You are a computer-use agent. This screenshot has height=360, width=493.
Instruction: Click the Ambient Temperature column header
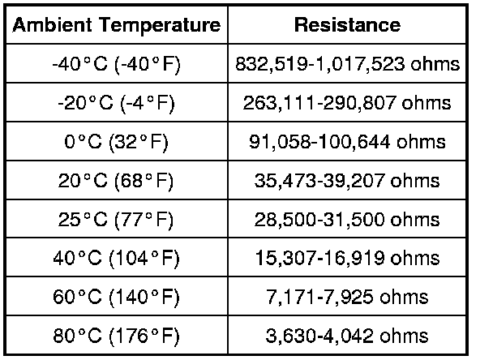(x=116, y=25)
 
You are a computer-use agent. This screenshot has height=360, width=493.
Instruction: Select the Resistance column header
(x=347, y=25)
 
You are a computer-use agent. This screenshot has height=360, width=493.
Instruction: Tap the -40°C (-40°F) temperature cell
(x=116, y=64)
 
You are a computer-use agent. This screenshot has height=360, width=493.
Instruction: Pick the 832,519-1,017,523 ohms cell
(x=347, y=64)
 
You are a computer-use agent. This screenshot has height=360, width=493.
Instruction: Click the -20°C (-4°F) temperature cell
(x=116, y=103)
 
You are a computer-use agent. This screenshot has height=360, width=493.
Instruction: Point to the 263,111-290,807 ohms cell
(x=347, y=103)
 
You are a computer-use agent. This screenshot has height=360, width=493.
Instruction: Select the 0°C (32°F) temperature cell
(x=116, y=142)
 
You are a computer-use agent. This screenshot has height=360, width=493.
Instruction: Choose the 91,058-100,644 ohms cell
(x=347, y=142)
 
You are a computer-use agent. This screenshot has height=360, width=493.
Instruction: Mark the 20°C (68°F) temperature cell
(x=116, y=180)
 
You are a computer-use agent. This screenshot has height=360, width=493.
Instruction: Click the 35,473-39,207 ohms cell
(x=347, y=180)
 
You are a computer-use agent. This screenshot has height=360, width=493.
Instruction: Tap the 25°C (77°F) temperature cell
(x=116, y=219)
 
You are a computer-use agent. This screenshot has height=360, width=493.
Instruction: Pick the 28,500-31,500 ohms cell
(x=347, y=219)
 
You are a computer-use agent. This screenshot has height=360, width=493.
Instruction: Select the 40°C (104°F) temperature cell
(x=116, y=258)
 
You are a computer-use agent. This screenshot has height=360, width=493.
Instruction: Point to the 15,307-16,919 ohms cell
(x=347, y=258)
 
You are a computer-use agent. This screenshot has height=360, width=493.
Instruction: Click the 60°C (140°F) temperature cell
(x=116, y=297)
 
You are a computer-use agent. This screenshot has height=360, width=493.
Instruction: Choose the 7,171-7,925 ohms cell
(x=347, y=297)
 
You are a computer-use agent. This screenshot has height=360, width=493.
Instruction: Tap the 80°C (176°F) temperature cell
(x=116, y=335)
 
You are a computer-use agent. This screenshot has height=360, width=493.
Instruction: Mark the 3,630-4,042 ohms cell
(x=347, y=335)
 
